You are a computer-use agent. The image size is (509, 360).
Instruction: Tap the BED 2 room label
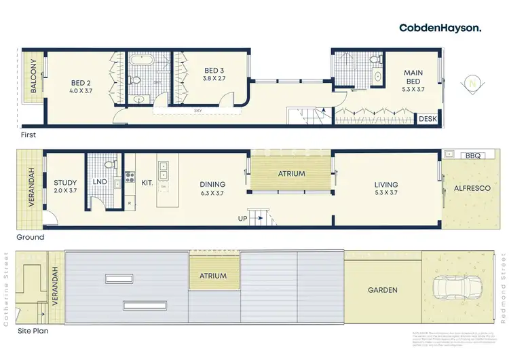coord(81,86)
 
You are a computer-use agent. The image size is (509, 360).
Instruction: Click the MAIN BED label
coord(413,77)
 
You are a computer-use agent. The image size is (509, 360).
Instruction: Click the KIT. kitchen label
coord(147,183)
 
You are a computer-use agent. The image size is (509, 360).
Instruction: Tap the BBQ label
coord(472,156)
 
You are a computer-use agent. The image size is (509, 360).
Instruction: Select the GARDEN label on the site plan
coord(382,290)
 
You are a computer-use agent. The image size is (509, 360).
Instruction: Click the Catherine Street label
coord(7,290)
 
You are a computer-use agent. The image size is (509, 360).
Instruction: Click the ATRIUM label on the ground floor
coord(291,174)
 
